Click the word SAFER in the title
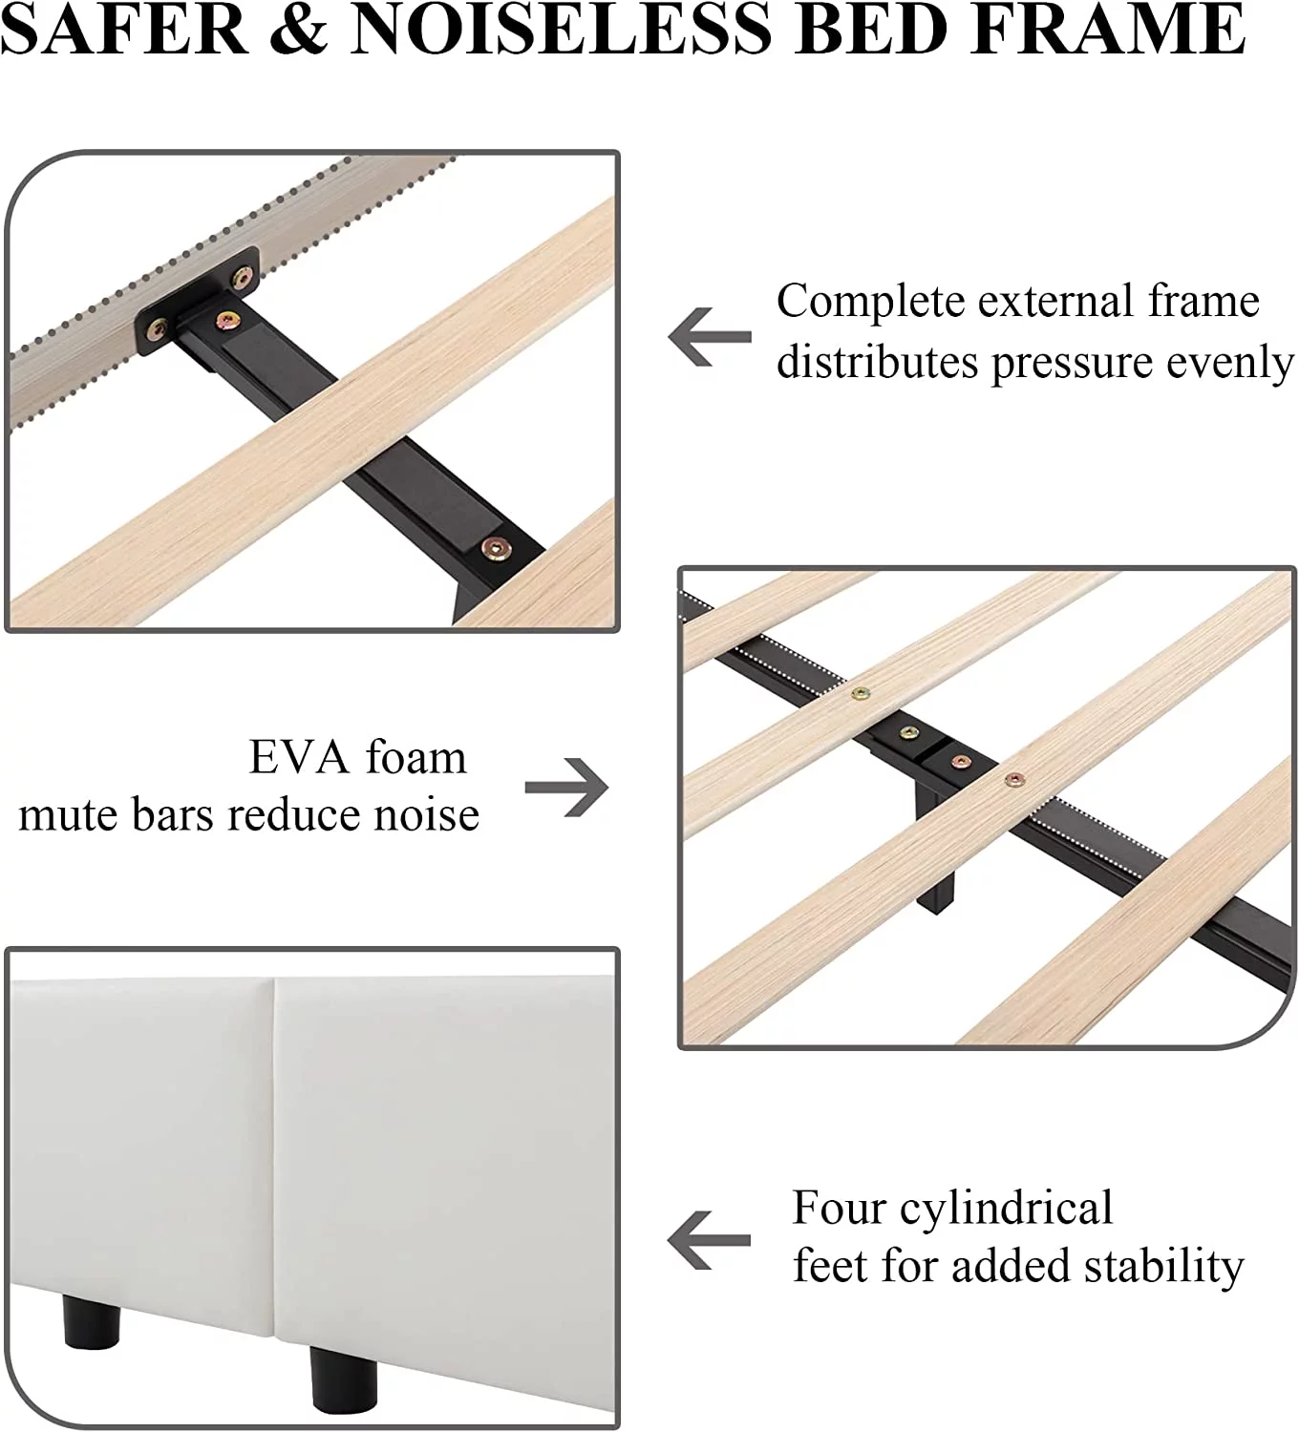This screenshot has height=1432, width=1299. click(x=126, y=29)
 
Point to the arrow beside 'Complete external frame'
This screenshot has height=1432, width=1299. click(x=710, y=336)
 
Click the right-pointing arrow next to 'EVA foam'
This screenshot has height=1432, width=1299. click(x=566, y=787)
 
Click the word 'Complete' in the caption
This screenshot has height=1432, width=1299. click(x=870, y=303)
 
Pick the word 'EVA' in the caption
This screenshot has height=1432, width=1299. click(x=298, y=757)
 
